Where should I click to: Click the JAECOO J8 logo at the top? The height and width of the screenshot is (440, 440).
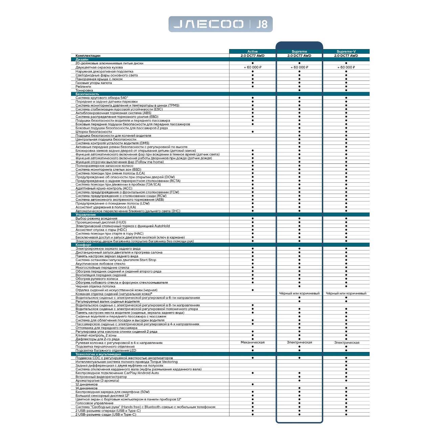[220, 24]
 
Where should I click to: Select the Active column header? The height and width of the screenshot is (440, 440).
[252, 51]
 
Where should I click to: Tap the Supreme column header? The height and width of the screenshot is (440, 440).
[299, 51]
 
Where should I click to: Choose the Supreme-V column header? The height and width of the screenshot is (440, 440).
[346, 51]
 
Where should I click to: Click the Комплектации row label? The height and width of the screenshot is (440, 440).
[88, 56]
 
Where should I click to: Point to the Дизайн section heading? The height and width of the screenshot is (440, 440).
[82, 59]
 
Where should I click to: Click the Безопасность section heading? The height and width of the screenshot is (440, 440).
[87, 94]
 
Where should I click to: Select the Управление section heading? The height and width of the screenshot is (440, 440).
[86, 215]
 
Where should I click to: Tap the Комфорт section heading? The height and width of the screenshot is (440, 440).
[83, 245]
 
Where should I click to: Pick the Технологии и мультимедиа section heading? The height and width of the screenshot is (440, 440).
[98, 354]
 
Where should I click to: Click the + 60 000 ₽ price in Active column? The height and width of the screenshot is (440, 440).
[252, 67]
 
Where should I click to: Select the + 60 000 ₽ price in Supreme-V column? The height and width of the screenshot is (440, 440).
[346, 67]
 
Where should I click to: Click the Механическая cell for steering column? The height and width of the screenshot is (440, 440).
[252, 343]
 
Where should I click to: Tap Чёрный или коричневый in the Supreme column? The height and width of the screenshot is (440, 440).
[299, 293]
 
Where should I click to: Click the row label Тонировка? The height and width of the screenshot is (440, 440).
[84, 90]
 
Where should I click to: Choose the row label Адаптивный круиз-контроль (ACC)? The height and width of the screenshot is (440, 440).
[104, 188]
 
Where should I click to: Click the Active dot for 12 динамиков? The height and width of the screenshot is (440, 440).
[252, 384]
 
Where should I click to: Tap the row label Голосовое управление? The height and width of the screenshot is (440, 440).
[94, 403]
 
